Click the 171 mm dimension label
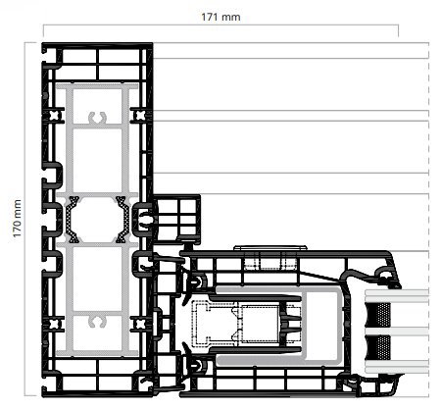[x=220, y=17]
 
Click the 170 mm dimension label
[x=17, y=219]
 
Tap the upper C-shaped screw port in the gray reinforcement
[x=97, y=119]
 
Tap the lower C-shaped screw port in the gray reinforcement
[x=97, y=322]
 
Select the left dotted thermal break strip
[x=73, y=220]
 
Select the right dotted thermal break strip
[x=122, y=220]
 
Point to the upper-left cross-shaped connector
[x=54, y=115]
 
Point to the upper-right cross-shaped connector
[x=140, y=115]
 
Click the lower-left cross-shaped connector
[x=54, y=324]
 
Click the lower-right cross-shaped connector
[x=140, y=324]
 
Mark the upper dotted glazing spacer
[x=378, y=315]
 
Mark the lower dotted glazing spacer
[x=378, y=347]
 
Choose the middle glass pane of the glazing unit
[x=397, y=332]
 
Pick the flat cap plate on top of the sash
[x=270, y=248]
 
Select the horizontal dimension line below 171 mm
[x=220, y=25]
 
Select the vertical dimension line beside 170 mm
[x=25, y=219]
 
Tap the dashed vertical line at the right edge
[x=428, y=219]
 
